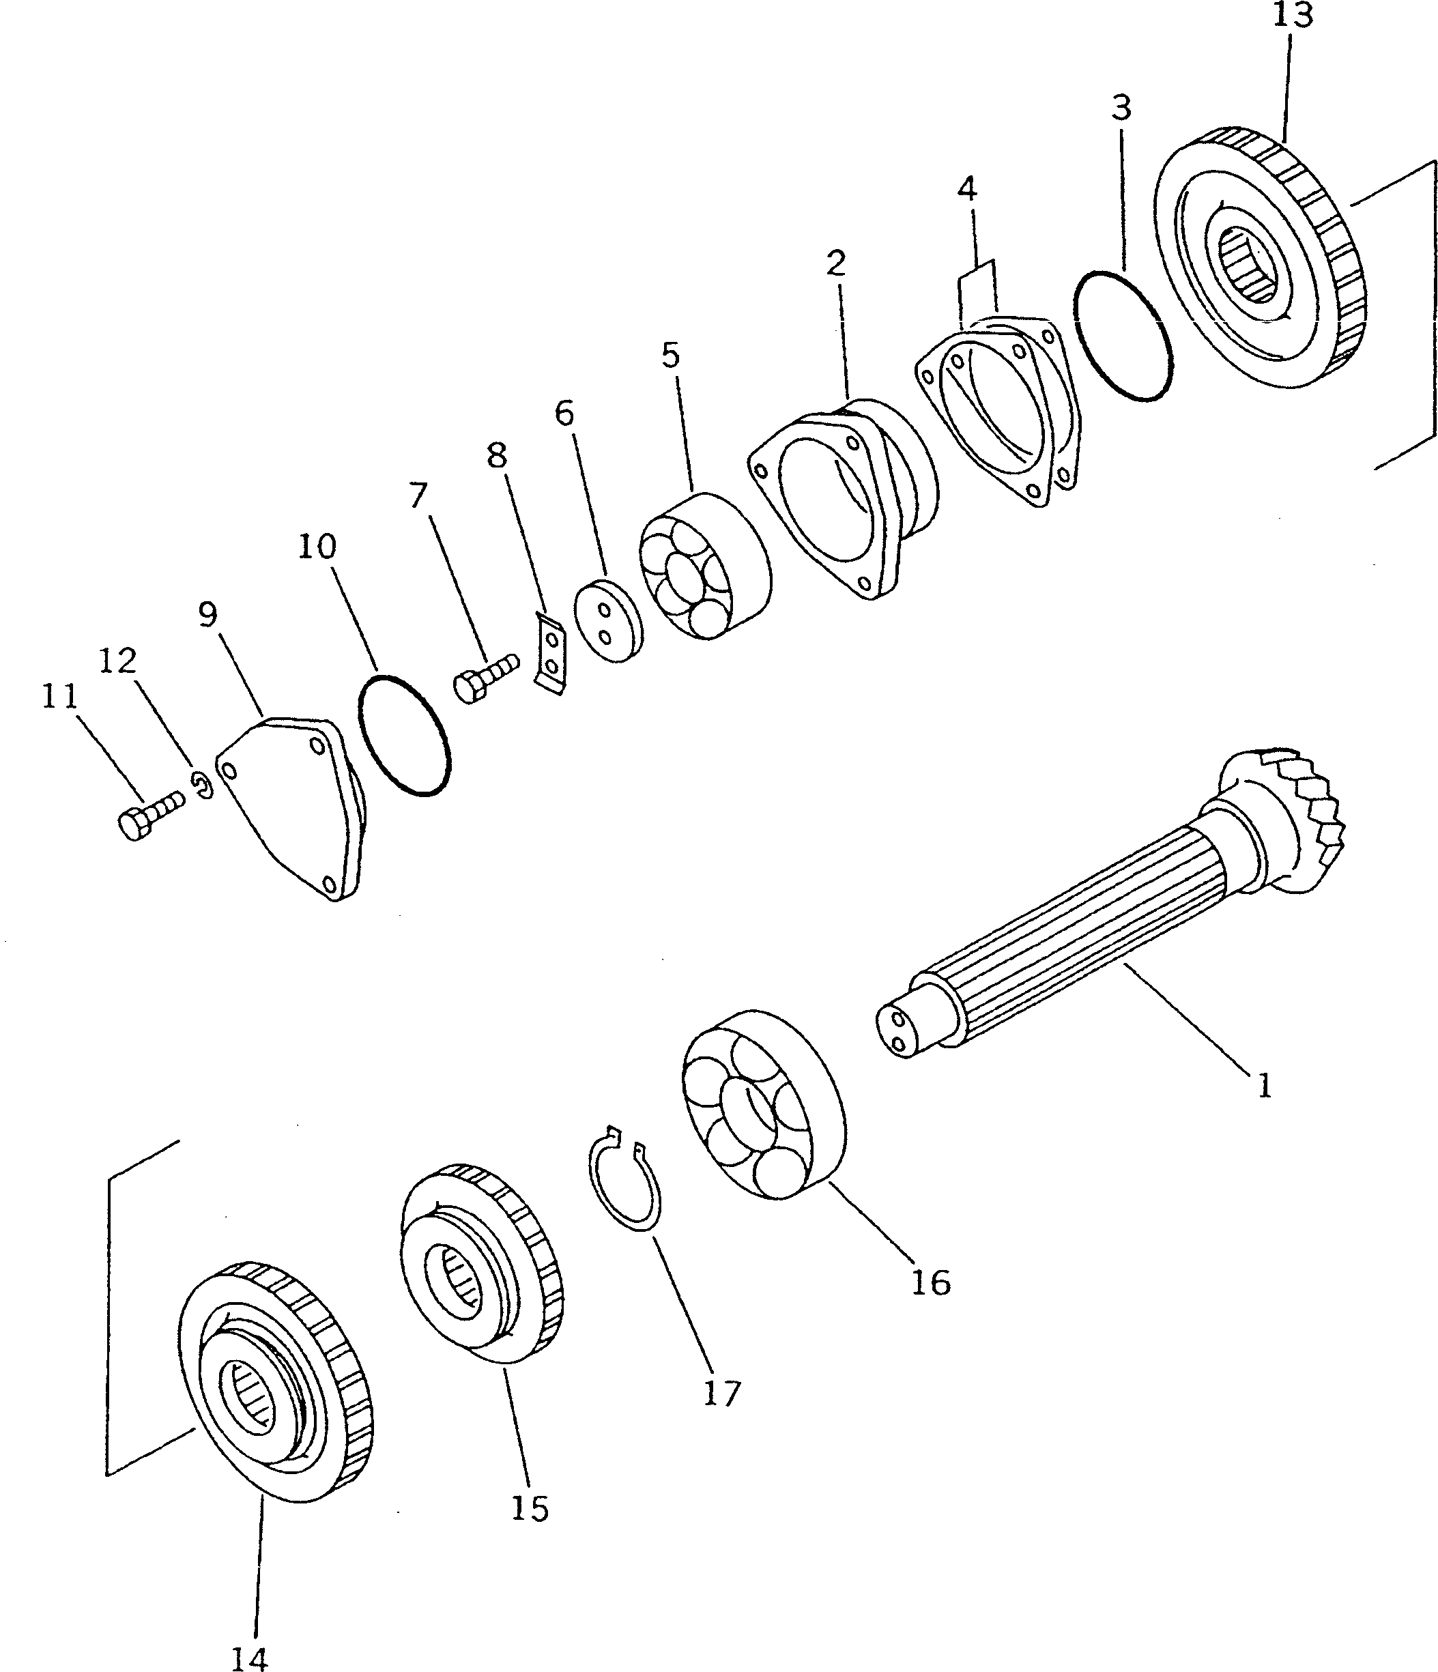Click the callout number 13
coord(1292,14)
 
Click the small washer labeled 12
coord(203,784)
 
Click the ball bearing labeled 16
coord(762,1116)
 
